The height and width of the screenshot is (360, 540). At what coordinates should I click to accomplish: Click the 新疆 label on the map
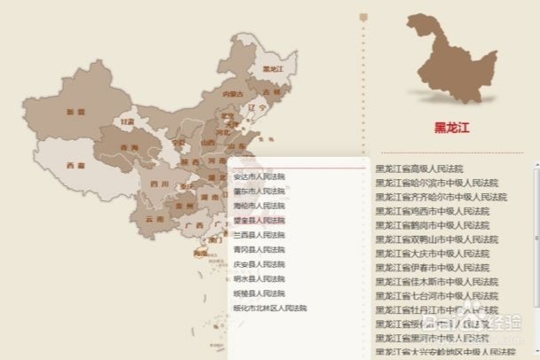[x=75, y=113]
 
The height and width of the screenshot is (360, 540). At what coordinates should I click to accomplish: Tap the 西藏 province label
[x=75, y=165]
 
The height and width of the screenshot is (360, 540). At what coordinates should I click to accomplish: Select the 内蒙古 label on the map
[x=232, y=92]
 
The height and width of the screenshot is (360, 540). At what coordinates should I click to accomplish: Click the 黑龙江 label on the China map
[x=272, y=68]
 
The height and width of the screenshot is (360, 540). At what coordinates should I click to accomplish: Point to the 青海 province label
[x=129, y=147]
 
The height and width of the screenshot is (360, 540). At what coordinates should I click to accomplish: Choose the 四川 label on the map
[x=160, y=184]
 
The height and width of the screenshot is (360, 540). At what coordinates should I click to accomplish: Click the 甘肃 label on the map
[x=129, y=121]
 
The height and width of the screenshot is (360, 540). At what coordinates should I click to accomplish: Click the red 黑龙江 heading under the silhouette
[x=451, y=126]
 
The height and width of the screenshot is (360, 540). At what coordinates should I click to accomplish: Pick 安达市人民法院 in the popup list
[x=259, y=176]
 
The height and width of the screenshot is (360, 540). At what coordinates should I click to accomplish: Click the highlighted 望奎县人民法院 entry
[x=259, y=220]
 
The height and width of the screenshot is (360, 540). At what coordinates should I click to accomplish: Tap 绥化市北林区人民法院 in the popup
[x=270, y=308]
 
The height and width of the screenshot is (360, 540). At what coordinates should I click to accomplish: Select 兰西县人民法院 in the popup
[x=259, y=235]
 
